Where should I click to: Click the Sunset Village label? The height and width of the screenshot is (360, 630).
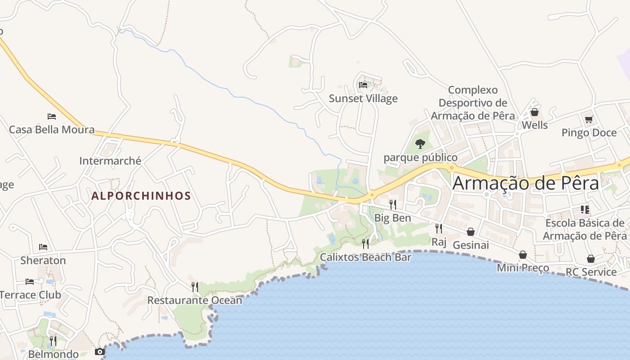coord(363,98)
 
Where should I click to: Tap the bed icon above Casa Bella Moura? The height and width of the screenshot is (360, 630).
coord(52,117)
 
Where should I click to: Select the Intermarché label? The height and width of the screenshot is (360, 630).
coord(110,161)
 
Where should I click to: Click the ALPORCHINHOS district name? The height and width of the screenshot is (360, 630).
coord(141,196)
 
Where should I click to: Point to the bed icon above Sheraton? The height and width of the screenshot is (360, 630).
coord(43,247)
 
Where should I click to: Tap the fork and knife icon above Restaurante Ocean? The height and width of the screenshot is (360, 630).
coord(195,287)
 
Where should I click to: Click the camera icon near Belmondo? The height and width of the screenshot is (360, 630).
coord(100,351)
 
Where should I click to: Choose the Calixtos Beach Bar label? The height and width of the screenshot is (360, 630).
coord(365,257)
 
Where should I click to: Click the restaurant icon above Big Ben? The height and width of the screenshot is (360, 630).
coord(393,204)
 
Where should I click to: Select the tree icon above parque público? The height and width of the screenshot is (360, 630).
coord(420,144)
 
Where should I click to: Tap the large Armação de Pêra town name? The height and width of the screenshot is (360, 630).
coord(526,184)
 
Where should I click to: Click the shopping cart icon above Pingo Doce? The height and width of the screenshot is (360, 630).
coord(589,119)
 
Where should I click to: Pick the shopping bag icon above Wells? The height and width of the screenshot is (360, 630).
coord(535,112)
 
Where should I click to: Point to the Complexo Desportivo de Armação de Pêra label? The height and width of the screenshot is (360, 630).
coord(472,103)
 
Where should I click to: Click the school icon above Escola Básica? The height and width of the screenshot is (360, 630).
coord(585,209)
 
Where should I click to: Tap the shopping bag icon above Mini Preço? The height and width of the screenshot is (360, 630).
coord(523,255)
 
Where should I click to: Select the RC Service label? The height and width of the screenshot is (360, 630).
coord(591,272)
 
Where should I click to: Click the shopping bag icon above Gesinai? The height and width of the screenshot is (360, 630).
coord(471,232)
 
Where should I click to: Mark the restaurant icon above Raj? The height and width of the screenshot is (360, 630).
coord(439,229)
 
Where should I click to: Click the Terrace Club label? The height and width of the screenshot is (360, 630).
coord(30,295)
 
